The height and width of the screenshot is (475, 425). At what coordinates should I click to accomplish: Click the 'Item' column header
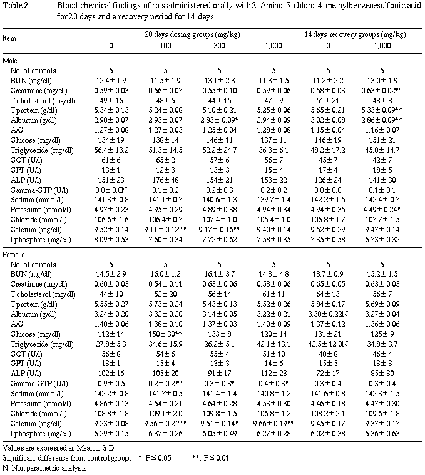point(9,38)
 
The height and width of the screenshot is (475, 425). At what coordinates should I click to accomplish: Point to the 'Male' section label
point(11,59)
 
